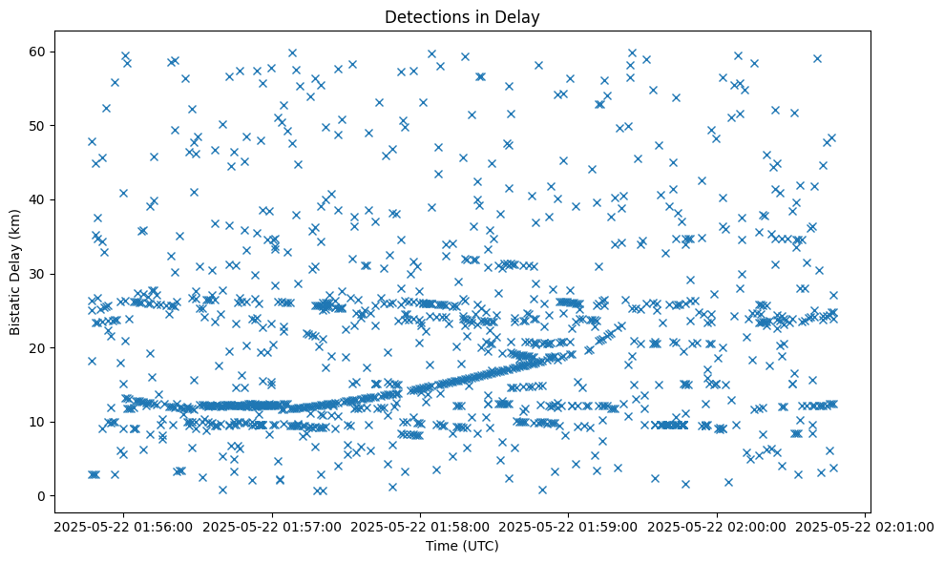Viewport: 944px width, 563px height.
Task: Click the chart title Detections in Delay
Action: coord(462,16)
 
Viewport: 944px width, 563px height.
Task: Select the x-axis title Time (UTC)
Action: coord(462,546)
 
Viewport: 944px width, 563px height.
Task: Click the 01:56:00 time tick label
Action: coord(123,526)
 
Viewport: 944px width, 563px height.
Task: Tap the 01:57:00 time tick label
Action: coord(272,526)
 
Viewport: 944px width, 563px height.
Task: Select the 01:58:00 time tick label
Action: coord(420,526)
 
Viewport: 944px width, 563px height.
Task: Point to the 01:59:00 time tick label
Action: coord(569,526)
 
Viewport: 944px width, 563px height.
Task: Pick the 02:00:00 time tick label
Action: coord(717,526)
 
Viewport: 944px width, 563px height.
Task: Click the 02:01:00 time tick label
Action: coord(865,526)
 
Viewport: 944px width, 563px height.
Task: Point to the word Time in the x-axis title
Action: coord(441,546)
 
